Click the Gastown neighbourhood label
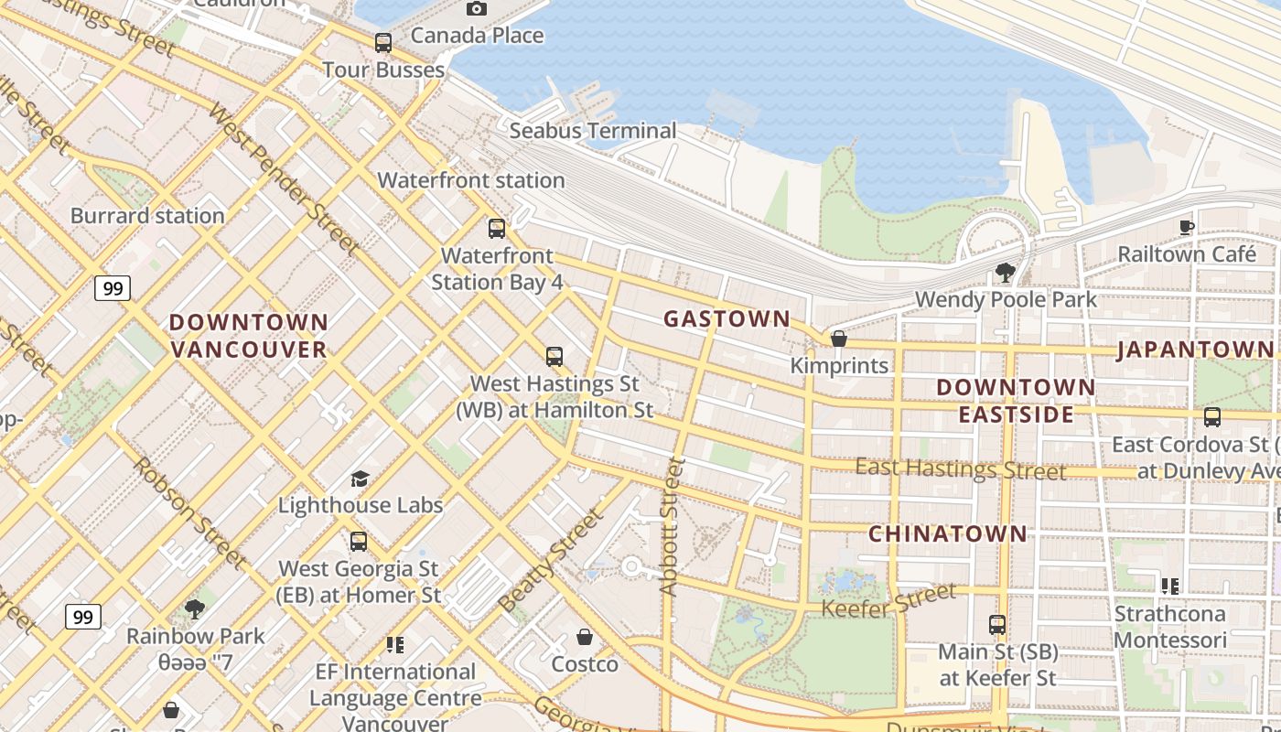point(727,318)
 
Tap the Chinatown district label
point(947,533)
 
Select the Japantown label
point(1195,350)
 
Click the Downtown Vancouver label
point(249,336)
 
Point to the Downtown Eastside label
point(1016,401)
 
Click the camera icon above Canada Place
point(476,9)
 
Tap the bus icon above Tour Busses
point(383,42)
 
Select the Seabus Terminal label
point(592,131)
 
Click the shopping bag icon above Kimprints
point(838,339)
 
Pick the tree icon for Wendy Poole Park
point(1005,272)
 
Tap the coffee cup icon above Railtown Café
point(1187,227)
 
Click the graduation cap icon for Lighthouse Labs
point(360,479)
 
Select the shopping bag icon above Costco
point(585,637)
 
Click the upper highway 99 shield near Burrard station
point(113,288)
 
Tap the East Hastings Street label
point(960,469)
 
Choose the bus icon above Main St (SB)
point(997,625)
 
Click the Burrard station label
point(147,216)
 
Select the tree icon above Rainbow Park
point(194,608)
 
